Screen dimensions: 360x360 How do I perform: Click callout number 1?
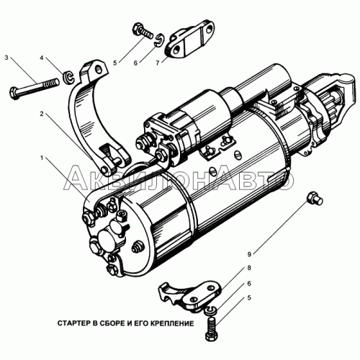(42, 158)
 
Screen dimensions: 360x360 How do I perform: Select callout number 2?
(42, 114)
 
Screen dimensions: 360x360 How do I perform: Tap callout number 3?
(6, 58)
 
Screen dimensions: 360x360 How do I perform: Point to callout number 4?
(42, 58)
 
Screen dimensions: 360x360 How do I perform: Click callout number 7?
(158, 63)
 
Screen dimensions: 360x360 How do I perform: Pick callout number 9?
(249, 254)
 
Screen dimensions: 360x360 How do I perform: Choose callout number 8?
(249, 268)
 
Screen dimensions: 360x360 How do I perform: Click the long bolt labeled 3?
(35, 87)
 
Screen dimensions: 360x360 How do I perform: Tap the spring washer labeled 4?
(69, 77)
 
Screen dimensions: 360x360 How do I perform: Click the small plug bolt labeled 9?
(315, 199)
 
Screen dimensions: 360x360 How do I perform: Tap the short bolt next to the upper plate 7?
(143, 31)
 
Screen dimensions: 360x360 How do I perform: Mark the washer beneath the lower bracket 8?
(212, 310)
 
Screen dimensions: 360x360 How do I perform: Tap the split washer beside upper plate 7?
(159, 40)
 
